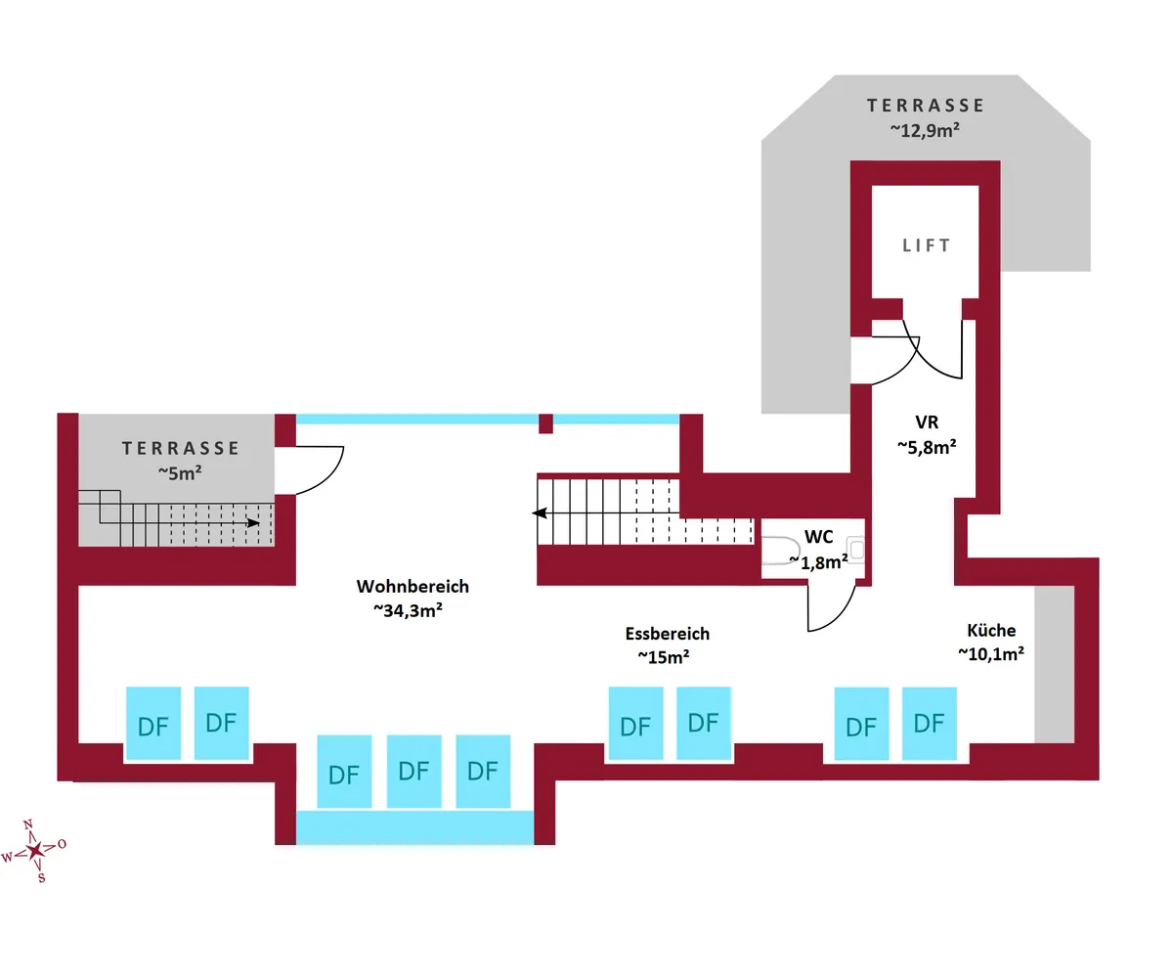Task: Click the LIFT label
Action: (926, 245)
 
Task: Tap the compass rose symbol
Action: (36, 850)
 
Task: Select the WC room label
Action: (818, 536)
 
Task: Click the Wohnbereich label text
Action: (413, 587)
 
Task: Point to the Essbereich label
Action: (667, 634)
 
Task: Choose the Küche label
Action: (991, 631)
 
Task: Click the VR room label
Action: (927, 422)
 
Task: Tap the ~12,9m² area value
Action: (924, 129)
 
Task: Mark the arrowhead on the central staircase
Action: (539, 512)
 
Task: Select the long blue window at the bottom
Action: (414, 827)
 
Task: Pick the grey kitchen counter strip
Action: (1054, 665)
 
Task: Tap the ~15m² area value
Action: (664, 656)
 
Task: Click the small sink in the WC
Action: (856, 550)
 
